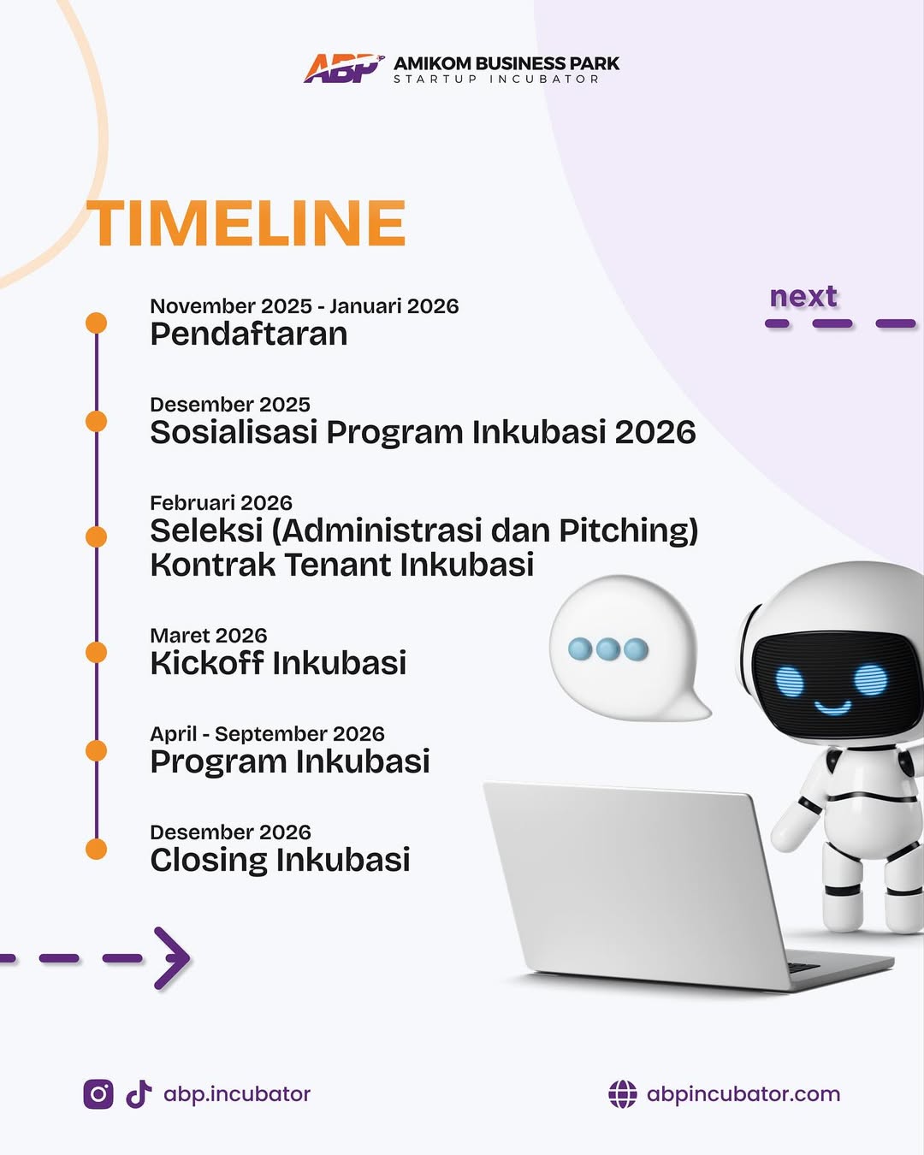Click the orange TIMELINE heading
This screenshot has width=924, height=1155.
click(x=246, y=222)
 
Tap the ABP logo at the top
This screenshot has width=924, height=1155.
click(x=344, y=68)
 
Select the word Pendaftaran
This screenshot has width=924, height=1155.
click(x=249, y=334)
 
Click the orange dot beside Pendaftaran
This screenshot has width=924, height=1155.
click(x=96, y=323)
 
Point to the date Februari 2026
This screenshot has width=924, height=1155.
click(x=222, y=503)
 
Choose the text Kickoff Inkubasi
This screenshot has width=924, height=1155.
click(x=278, y=662)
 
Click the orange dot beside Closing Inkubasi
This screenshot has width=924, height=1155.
click(x=96, y=849)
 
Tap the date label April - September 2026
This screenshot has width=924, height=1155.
click(x=268, y=734)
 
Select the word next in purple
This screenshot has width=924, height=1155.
click(x=803, y=296)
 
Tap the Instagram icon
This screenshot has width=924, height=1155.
click(x=98, y=1094)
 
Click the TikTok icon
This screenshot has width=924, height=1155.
click(x=139, y=1094)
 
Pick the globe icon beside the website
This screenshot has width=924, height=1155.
click(x=623, y=1094)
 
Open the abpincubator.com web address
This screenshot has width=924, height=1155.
click(x=743, y=1094)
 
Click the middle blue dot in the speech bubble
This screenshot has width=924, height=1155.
click(x=607, y=649)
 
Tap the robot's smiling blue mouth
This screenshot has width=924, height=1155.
click(x=832, y=708)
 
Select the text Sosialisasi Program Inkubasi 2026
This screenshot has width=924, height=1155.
click(x=423, y=432)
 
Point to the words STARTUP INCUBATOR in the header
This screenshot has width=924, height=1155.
click(x=496, y=79)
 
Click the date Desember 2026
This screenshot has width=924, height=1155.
click(x=231, y=832)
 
